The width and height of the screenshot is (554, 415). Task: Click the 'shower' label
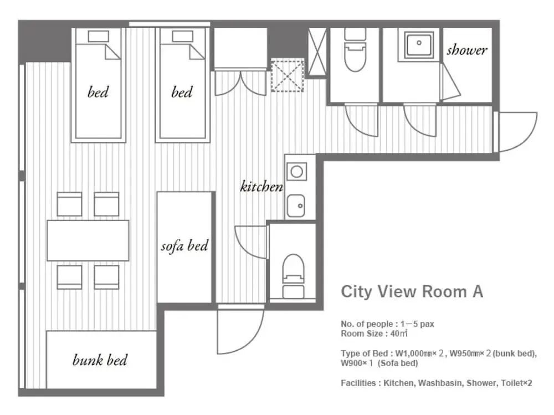(466, 50)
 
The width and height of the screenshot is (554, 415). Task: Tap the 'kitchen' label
(261, 186)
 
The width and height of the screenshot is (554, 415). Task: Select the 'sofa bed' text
(184, 245)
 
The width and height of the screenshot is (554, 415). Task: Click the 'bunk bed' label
(100, 360)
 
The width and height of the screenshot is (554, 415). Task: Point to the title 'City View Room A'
(412, 291)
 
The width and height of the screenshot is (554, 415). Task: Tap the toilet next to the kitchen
(293, 276)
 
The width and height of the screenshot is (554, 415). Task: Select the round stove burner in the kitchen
(297, 172)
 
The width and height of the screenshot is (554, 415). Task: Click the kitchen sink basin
(296, 206)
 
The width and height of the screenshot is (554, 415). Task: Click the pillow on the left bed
(98, 36)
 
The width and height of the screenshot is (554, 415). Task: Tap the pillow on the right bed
(182, 36)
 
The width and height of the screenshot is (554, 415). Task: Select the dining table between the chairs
(88, 240)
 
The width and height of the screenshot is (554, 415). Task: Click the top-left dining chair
(69, 204)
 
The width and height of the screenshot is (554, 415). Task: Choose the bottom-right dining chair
(106, 277)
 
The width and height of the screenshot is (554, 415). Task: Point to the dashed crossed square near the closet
(287, 76)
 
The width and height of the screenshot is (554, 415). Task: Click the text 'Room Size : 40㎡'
(374, 334)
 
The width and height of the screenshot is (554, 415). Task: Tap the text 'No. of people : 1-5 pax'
(388, 324)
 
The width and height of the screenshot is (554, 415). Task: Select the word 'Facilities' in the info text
(358, 383)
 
